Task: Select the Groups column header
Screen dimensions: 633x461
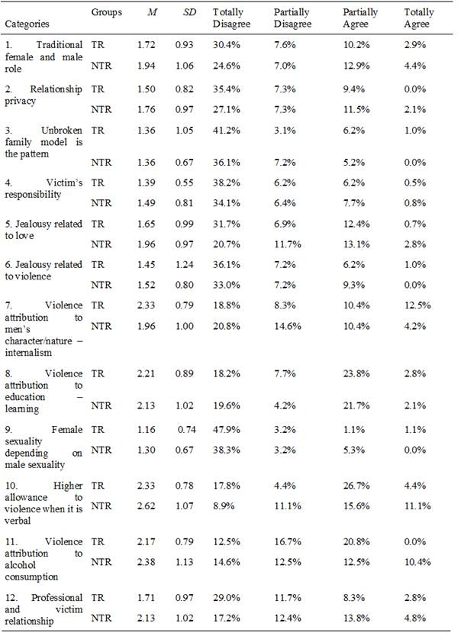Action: point(107,13)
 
